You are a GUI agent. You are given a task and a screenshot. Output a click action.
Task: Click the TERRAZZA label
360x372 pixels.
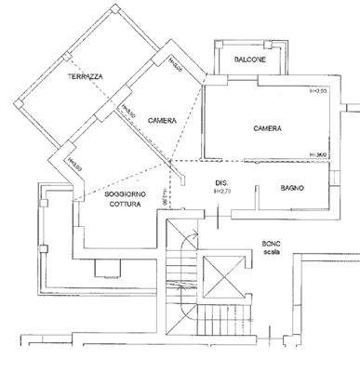[85, 75]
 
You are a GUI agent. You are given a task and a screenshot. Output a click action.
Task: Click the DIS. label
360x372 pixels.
[221, 181]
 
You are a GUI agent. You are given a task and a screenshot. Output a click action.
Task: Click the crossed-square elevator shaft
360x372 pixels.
[223, 276]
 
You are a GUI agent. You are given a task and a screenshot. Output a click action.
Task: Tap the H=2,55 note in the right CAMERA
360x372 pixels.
[319, 91]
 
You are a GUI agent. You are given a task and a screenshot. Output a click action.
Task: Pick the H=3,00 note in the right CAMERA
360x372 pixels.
[319, 154]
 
